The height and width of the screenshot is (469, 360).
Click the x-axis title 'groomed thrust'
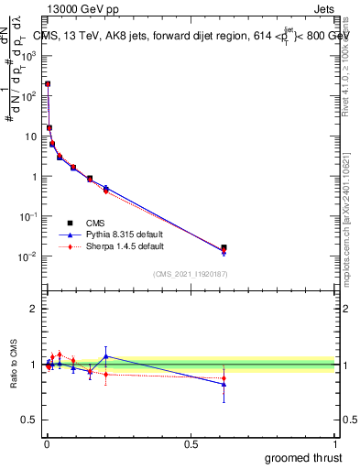pos(303,456)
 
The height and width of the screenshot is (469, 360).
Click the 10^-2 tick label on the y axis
pos(29,256)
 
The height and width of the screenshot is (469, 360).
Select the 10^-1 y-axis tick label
pos(29,216)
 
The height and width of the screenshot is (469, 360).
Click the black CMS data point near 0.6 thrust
pos(224,247)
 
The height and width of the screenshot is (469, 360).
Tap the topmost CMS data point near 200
pos(48,83)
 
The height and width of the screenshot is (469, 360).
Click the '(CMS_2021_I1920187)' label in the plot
pos(191,274)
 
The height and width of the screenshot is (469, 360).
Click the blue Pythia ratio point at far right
pos(224,384)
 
